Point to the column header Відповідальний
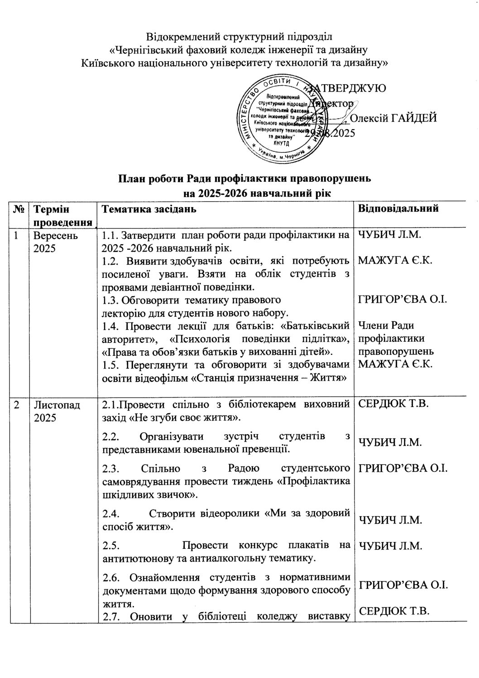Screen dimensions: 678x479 [398, 209]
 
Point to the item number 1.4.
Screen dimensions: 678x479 [110, 326]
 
